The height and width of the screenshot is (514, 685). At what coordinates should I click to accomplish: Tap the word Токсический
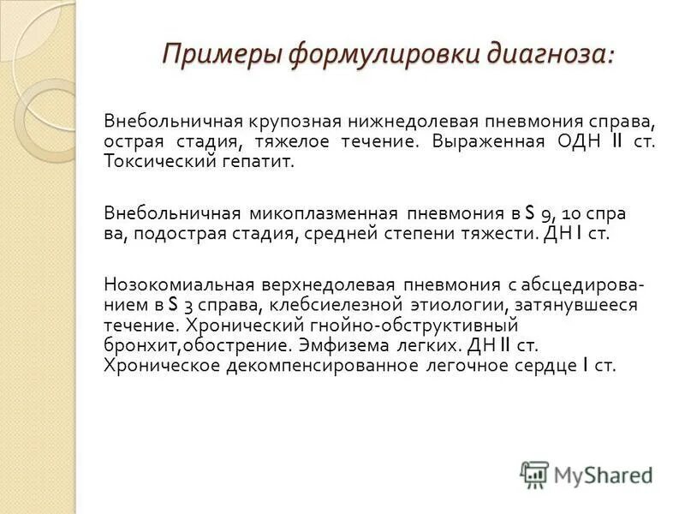coord(158,161)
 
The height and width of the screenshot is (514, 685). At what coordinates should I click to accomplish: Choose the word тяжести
coord(502,234)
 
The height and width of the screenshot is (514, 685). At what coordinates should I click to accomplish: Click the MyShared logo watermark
coord(586,474)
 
